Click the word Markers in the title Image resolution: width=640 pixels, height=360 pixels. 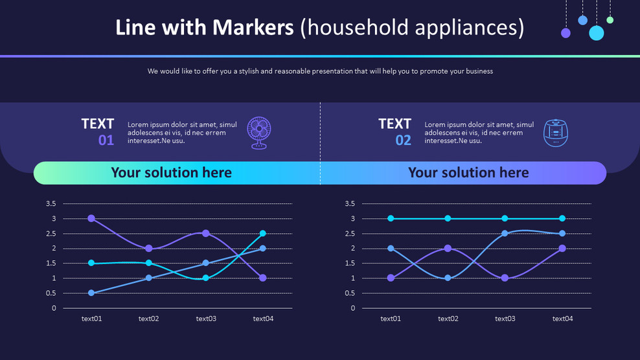click(253, 28)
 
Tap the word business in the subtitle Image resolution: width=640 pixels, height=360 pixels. click(477, 71)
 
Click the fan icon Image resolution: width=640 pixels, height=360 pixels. click(258, 133)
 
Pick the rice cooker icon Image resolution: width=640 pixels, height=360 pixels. click(556, 133)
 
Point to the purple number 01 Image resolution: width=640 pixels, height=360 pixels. click(106, 141)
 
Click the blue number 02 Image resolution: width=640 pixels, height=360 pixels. click(404, 141)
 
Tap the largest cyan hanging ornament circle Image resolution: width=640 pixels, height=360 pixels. click(597, 33)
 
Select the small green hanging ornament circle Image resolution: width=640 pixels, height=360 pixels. click(610, 20)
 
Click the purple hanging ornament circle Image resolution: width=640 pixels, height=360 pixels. click(566, 33)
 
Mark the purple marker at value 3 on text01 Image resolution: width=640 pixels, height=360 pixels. click(91, 218)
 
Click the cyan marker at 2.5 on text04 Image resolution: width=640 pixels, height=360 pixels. click(263, 234)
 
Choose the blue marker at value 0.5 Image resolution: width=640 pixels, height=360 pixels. click(91, 293)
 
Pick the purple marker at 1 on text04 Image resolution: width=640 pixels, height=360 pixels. click(263, 278)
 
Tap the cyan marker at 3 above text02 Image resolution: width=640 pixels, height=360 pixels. click(448, 218)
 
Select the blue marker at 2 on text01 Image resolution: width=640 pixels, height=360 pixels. click(391, 248)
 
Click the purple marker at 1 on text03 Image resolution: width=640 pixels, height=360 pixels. click(505, 278)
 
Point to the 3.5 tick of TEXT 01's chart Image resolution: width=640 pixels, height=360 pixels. click(51, 203)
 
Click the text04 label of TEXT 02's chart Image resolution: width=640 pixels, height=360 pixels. click(562, 319)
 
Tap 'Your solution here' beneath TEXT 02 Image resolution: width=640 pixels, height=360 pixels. click(468, 173)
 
